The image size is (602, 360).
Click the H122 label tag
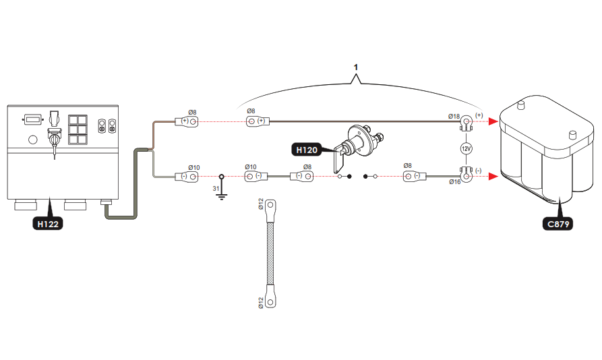[x=48, y=223]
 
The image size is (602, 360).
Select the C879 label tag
[x=557, y=224]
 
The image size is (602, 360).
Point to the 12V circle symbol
[x=465, y=148]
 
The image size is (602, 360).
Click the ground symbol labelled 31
[x=221, y=195]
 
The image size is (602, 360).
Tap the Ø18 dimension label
[x=454, y=117]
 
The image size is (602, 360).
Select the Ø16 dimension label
[x=454, y=181]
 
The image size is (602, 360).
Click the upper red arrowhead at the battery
[x=495, y=122]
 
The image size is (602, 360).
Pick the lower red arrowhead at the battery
[x=495, y=177]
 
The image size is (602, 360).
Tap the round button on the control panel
[x=32, y=140]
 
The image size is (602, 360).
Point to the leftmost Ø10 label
[x=193, y=167]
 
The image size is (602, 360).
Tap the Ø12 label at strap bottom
[x=261, y=303]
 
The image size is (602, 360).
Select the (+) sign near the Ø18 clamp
[x=479, y=115]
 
